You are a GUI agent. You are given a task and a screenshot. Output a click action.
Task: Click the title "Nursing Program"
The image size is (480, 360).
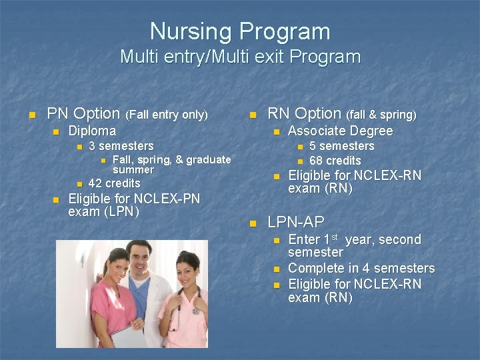[240, 31]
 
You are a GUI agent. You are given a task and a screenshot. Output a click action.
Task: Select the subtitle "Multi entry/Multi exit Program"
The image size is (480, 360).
[240, 57]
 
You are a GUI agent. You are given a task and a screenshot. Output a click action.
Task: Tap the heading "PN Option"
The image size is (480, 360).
[83, 114]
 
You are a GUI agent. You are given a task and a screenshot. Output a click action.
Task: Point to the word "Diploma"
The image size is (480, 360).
[92, 131]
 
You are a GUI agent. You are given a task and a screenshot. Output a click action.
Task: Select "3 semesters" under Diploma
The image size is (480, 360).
[121, 146]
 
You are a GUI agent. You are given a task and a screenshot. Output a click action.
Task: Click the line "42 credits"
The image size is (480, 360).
[114, 183]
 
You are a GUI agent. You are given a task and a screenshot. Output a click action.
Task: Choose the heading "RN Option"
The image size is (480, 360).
[304, 114]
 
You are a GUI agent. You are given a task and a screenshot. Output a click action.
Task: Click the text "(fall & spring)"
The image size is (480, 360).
[381, 115]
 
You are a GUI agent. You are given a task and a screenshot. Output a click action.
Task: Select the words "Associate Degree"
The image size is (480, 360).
[340, 131]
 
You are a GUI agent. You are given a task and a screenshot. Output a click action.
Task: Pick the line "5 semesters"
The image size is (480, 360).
[341, 146]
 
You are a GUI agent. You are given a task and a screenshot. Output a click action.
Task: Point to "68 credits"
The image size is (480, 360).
[335, 161]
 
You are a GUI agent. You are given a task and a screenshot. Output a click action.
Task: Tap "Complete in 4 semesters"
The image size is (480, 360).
[361, 269]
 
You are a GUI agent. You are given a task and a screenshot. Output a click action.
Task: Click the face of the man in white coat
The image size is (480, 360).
[142, 257]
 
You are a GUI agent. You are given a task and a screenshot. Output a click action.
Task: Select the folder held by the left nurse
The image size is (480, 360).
[128, 337]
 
